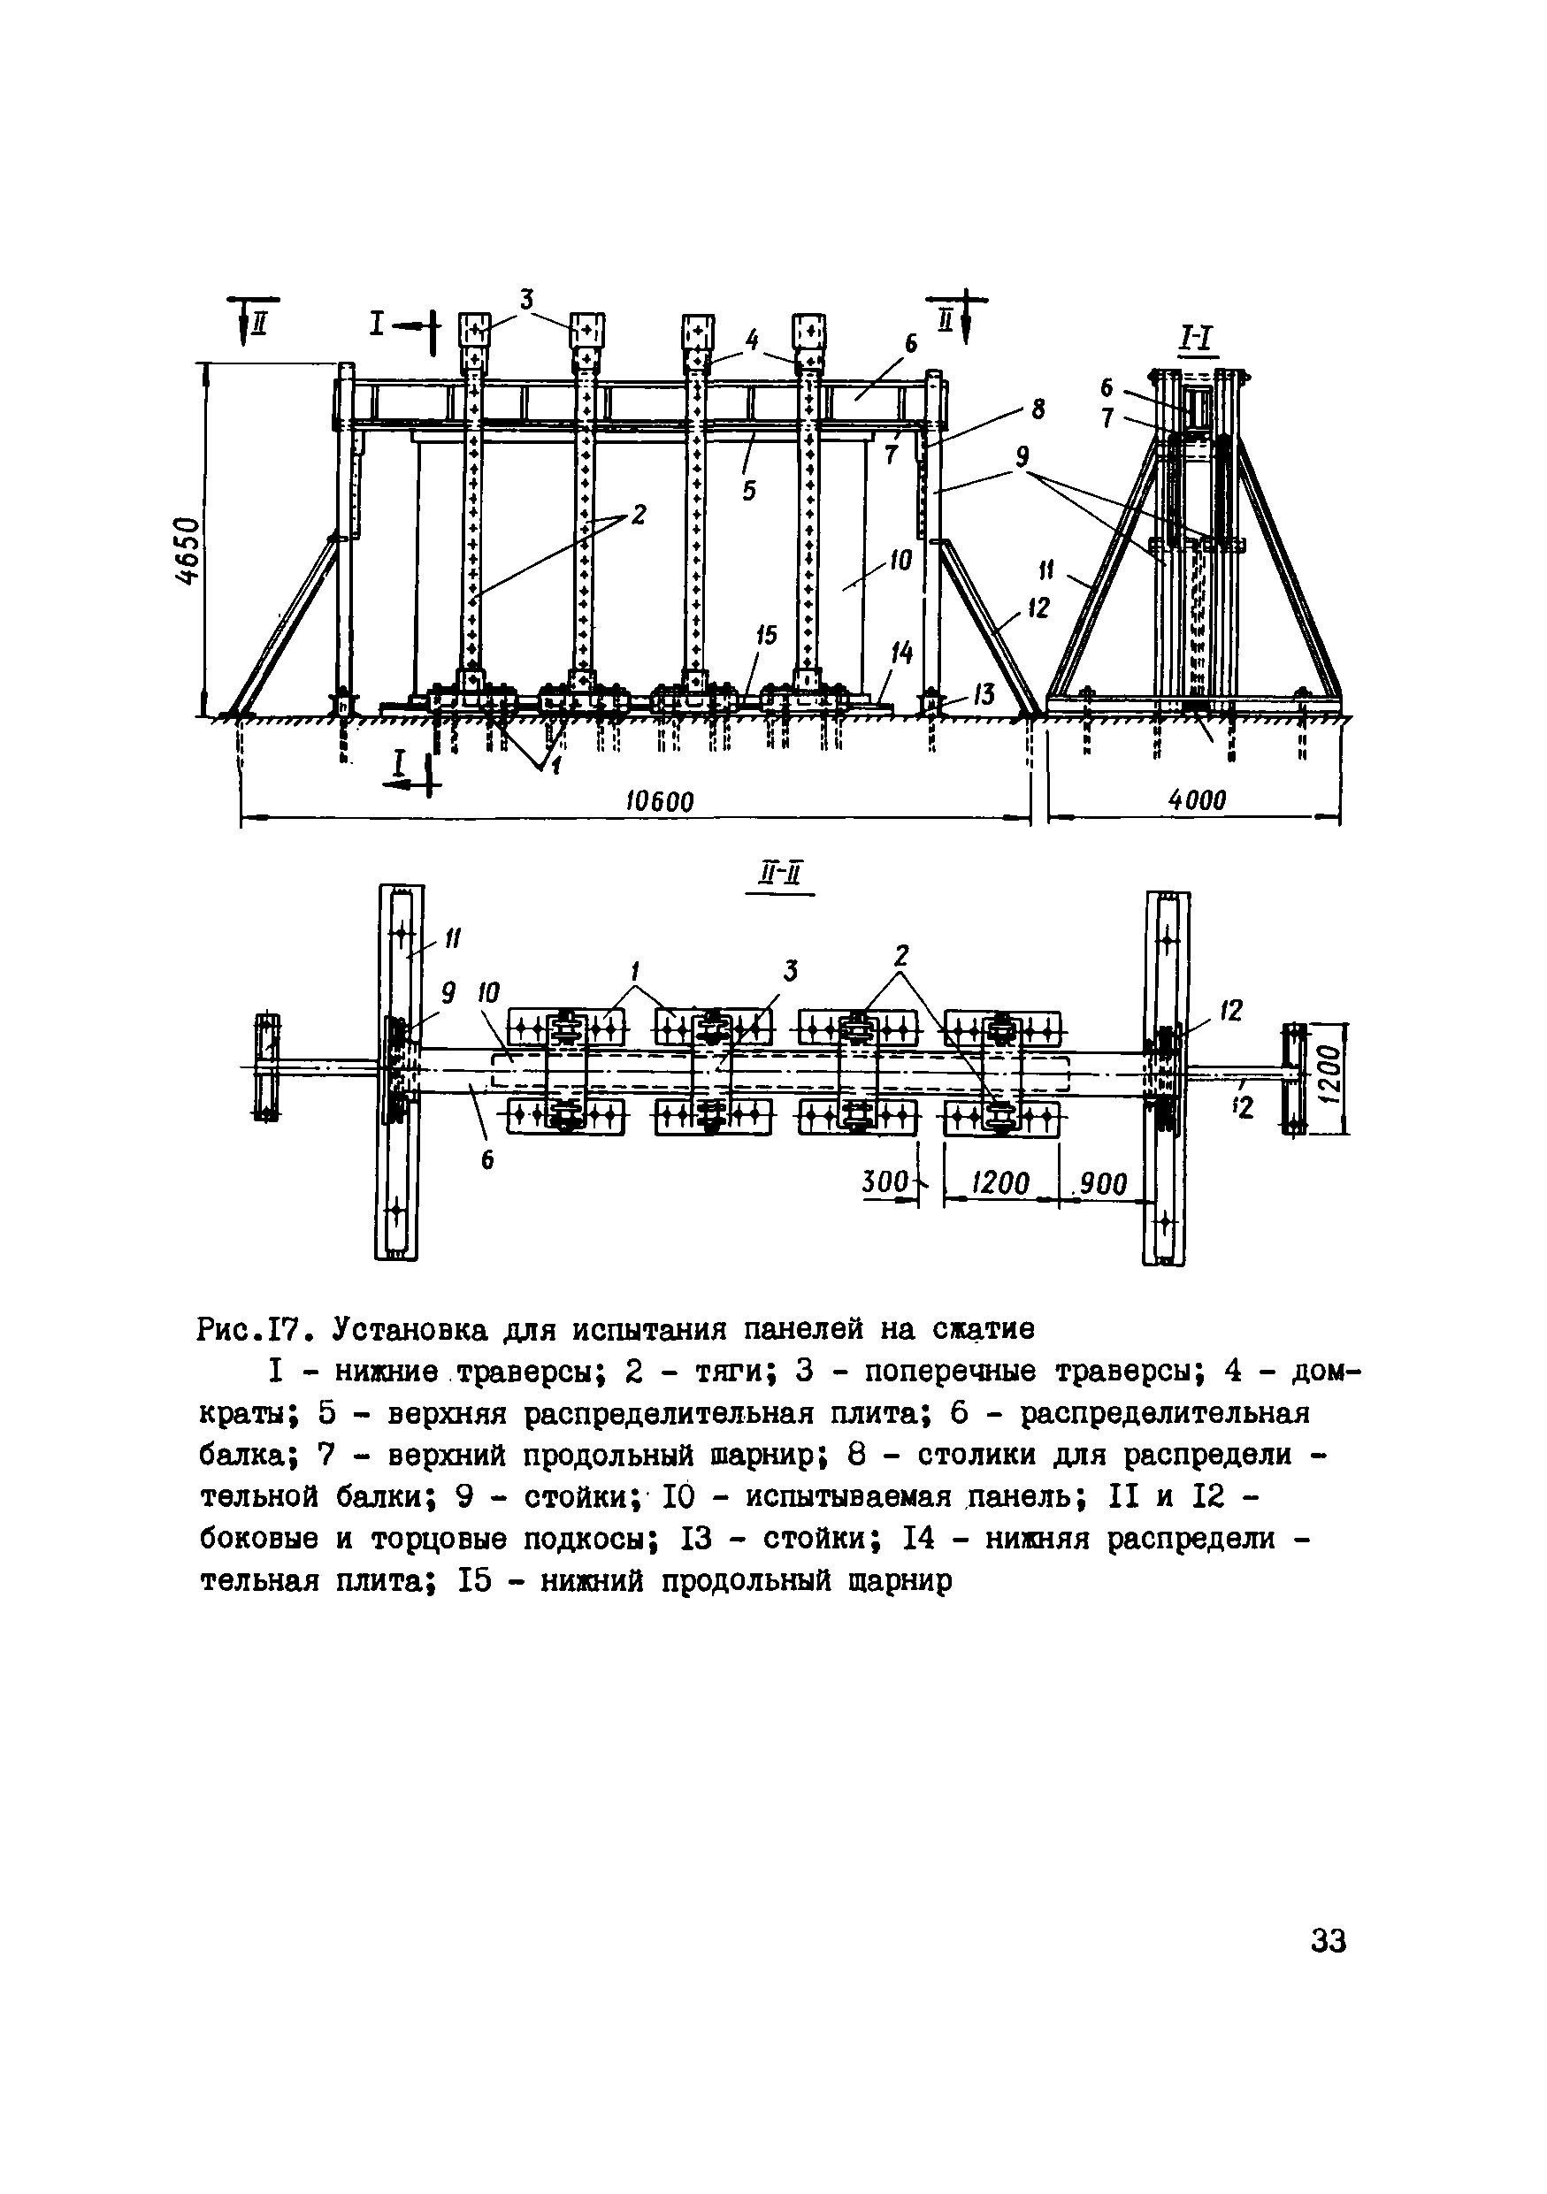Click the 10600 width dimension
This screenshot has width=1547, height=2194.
point(659,801)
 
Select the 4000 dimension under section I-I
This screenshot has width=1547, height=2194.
point(1198,799)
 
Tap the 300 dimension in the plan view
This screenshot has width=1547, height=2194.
point(884,1182)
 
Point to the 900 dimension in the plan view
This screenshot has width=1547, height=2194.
point(1104,1184)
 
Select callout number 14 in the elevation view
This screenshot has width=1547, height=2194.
point(901,654)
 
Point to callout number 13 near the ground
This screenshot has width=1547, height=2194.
point(984,696)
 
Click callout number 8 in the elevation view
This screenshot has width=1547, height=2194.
point(1037,410)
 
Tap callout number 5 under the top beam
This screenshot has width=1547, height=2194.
point(749,490)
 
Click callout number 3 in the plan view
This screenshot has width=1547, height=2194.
point(790,972)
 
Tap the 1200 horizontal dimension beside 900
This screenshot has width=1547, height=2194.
point(1000,1184)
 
